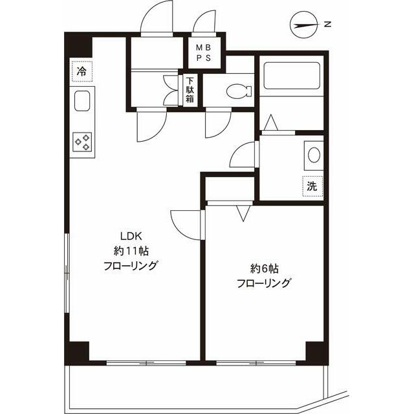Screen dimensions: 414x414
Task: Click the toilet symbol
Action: (239, 91)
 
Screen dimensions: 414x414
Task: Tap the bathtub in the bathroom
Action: (292, 76)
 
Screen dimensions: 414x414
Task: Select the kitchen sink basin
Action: (82, 101)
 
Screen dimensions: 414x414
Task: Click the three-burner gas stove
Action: (82, 142)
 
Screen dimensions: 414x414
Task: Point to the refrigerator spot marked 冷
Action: (82, 71)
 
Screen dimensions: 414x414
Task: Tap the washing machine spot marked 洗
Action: (312, 186)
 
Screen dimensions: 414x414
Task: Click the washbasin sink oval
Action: (314, 155)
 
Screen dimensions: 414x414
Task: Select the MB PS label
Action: (204, 53)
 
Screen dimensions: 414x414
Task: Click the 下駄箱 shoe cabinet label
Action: (190, 90)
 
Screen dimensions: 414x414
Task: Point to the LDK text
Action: (131, 235)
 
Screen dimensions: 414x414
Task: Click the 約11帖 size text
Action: (131, 250)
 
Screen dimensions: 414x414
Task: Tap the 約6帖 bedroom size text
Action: (264, 269)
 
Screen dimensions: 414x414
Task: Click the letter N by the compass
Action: (327, 25)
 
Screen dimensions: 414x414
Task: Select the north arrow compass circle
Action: (303, 25)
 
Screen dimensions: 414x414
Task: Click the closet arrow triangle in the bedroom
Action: (243, 213)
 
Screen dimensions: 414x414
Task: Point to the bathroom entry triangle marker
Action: (271, 122)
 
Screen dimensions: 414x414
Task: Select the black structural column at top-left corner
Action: (78, 45)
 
